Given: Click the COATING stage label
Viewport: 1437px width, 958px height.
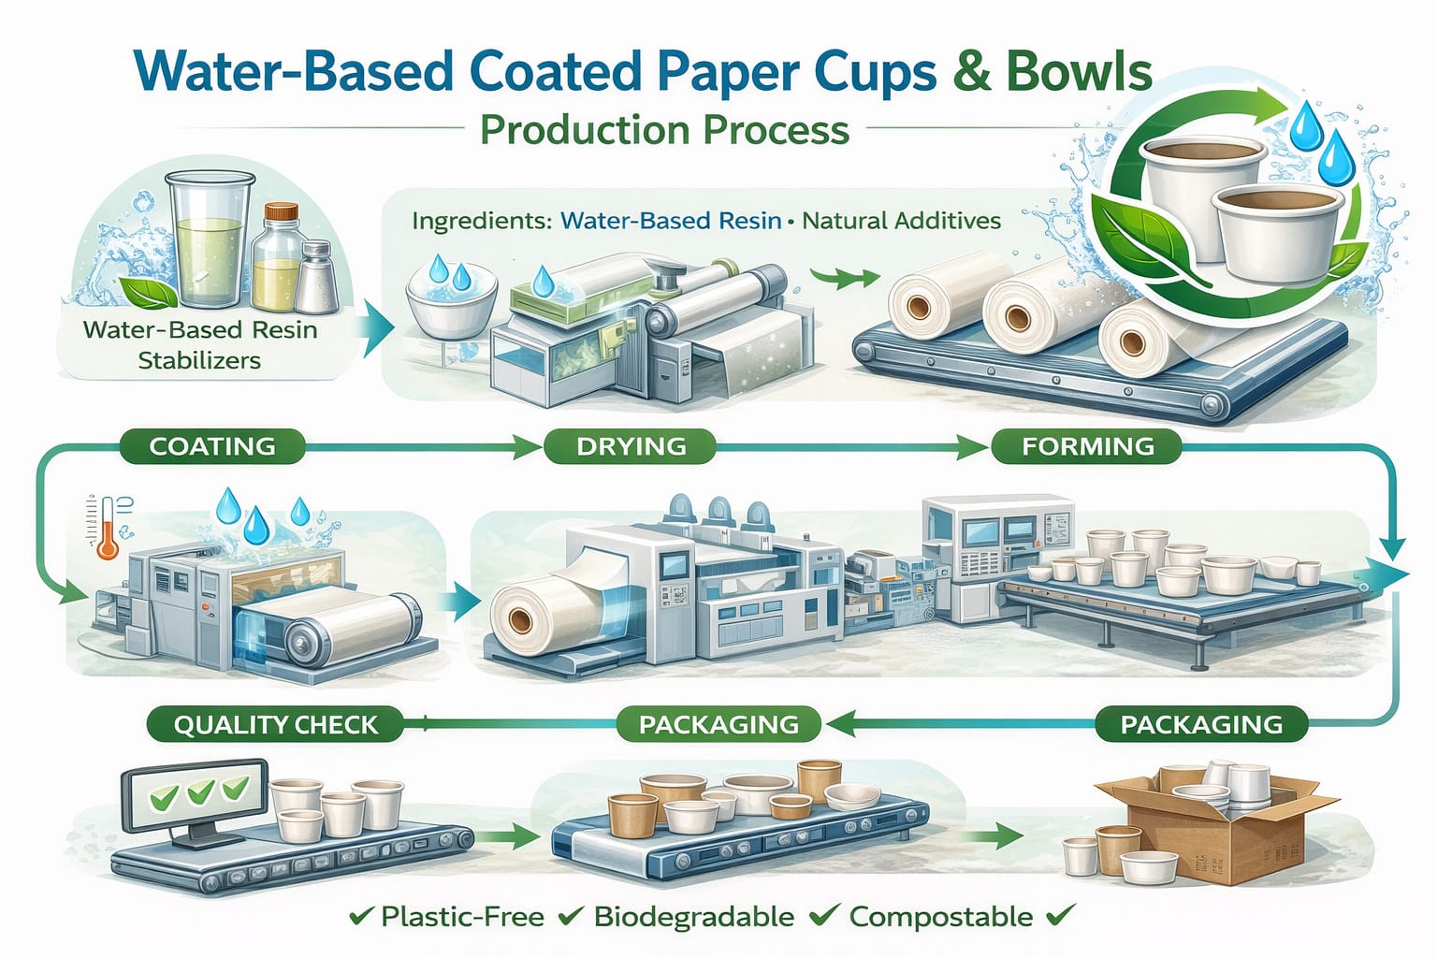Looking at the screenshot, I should (212, 446).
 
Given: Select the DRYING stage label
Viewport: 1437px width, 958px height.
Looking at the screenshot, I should (631, 446).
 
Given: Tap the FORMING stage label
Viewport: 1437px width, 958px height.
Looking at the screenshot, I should (1087, 446).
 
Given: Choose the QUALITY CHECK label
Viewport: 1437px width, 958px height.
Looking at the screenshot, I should (276, 724).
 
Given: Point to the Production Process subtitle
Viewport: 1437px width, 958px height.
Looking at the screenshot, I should (664, 129).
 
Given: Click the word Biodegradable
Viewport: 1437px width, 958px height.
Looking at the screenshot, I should (693, 917).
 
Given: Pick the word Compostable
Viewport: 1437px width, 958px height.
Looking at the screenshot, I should (941, 917).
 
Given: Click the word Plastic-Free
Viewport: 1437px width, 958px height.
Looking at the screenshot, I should (462, 917).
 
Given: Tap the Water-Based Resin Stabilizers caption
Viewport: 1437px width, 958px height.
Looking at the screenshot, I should (199, 344).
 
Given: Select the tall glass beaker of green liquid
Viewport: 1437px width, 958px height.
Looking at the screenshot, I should (208, 240).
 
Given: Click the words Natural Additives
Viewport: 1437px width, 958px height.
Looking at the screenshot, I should (901, 221).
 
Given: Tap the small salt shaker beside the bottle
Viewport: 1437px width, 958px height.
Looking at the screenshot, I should (316, 278).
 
